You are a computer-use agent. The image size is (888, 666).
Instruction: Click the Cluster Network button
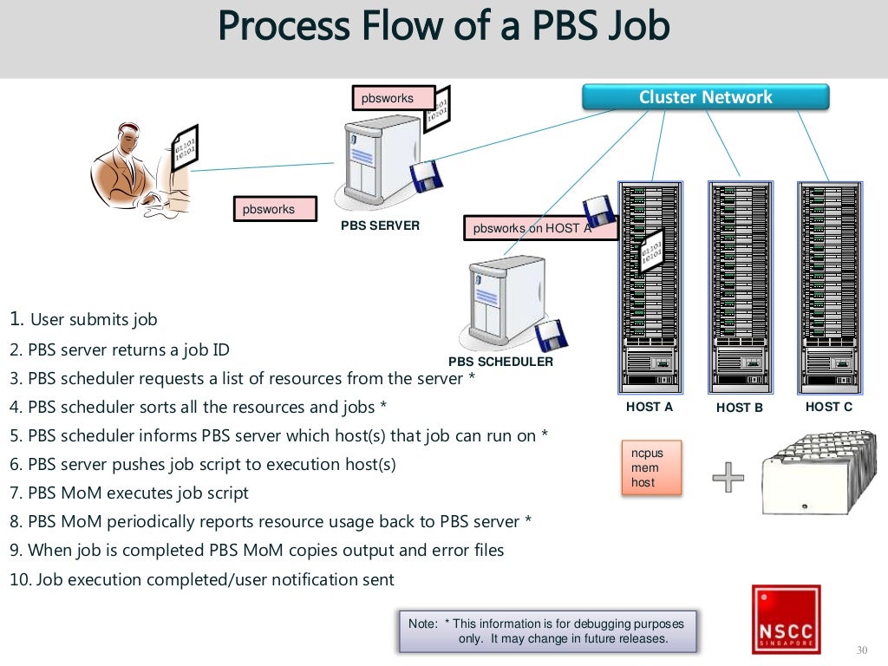[x=705, y=97]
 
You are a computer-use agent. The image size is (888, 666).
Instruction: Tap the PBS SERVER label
[x=381, y=225]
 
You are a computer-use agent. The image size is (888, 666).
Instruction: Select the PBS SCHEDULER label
[x=500, y=362]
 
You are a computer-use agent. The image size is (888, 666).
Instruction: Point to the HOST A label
[x=650, y=406]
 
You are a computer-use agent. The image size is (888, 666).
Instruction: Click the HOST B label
[x=740, y=407]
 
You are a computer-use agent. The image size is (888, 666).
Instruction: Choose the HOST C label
[x=828, y=406]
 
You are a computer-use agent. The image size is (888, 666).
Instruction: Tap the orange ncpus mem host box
[x=651, y=468]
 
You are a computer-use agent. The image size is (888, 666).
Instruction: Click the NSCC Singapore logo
[x=786, y=618]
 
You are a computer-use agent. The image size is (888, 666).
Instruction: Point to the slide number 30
[x=861, y=651]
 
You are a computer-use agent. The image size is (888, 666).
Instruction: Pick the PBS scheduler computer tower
[x=505, y=304]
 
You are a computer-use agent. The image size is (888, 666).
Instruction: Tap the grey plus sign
[x=728, y=477]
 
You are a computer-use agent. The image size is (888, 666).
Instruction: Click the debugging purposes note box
[x=547, y=631]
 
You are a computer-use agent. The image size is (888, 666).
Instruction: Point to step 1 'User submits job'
[x=83, y=319]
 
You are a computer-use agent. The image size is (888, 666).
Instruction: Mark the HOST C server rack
[x=830, y=286]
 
